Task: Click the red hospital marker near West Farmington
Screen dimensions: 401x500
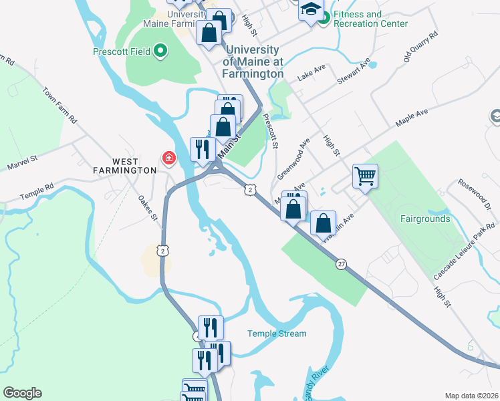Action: [168, 158]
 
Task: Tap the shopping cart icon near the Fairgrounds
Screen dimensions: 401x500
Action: [365, 176]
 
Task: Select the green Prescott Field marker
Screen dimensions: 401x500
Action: [160, 50]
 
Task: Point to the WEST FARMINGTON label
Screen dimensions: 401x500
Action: [124, 166]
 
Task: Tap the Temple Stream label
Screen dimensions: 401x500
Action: [277, 333]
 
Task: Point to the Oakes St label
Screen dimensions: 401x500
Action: [147, 207]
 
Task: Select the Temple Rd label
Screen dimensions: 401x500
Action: [36, 192]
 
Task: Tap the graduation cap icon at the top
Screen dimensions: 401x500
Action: [310, 10]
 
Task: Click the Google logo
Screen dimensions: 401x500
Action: [22, 393]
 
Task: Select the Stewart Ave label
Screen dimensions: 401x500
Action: [354, 71]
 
